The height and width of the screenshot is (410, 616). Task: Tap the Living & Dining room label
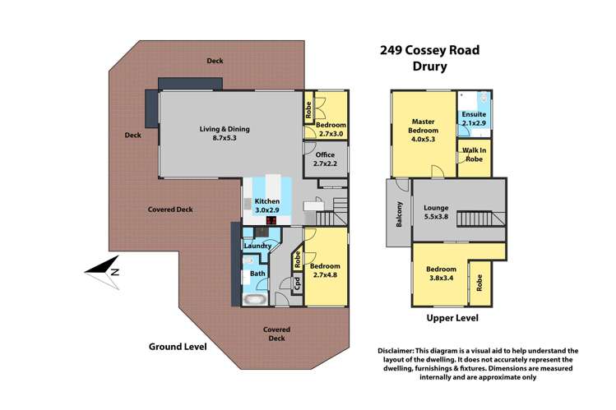tap(225, 134)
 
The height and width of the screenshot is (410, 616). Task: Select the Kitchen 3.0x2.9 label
tap(267, 206)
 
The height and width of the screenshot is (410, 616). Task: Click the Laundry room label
tap(257, 246)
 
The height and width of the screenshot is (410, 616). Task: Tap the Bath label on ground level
tap(257, 273)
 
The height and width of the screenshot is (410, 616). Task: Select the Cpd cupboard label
tap(297, 283)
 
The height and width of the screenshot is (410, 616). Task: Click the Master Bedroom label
tap(423, 131)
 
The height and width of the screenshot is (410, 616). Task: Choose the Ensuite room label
tap(475, 118)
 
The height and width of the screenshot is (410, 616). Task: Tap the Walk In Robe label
tap(474, 155)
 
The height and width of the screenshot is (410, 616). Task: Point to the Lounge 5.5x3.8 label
tap(436, 212)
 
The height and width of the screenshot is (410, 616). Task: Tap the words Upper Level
tap(452, 318)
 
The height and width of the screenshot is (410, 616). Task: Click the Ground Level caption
tap(177, 346)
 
